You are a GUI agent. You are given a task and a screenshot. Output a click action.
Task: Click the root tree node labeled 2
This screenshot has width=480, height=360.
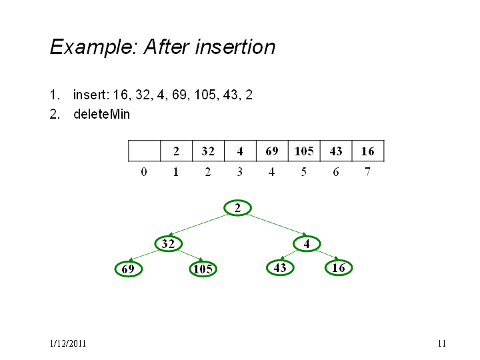pyautogui.click(x=237, y=208)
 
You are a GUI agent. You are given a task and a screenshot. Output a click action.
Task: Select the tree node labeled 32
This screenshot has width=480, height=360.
pyautogui.click(x=169, y=244)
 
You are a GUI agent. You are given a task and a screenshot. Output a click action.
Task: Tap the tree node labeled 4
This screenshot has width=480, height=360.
pyautogui.click(x=307, y=244)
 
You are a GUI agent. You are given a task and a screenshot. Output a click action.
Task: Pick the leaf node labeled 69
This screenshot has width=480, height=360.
pyautogui.click(x=129, y=269)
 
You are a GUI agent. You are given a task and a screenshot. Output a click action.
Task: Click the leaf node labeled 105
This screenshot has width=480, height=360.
pyautogui.click(x=203, y=269)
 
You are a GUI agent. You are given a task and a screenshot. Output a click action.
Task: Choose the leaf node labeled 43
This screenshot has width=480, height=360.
pyautogui.click(x=280, y=268)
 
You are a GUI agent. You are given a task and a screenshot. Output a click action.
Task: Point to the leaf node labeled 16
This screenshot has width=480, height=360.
pyautogui.click(x=339, y=268)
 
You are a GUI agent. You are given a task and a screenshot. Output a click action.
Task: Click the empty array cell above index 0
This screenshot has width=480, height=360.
pyautogui.click(x=144, y=151)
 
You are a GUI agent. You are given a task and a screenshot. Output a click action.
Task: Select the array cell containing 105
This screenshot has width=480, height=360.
pyautogui.click(x=304, y=151)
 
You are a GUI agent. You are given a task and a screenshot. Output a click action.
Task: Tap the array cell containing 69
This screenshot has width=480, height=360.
pyautogui.click(x=272, y=151)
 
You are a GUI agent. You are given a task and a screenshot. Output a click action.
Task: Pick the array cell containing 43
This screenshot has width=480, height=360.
pyautogui.click(x=336, y=151)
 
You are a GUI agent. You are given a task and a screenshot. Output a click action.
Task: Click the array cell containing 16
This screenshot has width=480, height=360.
pyautogui.click(x=368, y=151)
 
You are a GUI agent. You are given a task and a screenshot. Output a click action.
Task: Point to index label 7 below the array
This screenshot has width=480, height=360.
pyautogui.click(x=367, y=172)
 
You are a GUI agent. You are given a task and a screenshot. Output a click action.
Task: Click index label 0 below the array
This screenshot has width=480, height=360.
pyautogui.click(x=144, y=172)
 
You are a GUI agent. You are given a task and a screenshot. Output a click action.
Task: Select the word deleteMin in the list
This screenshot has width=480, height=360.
pyautogui.click(x=101, y=114)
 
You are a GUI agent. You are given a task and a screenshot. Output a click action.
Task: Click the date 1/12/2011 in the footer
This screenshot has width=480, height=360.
pyautogui.click(x=68, y=343)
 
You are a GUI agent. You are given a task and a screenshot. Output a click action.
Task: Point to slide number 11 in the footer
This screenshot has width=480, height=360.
pyautogui.click(x=442, y=343)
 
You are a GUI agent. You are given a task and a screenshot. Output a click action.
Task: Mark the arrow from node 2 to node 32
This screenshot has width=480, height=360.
pyautogui.click(x=199, y=225)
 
